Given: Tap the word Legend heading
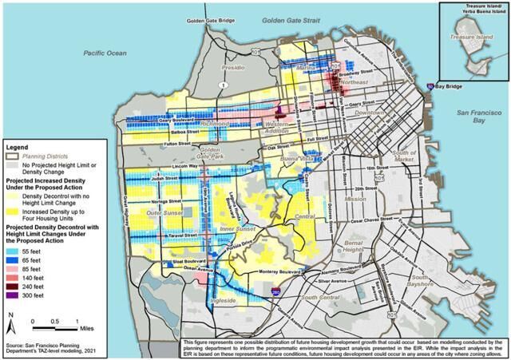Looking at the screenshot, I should pos(18,148).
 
